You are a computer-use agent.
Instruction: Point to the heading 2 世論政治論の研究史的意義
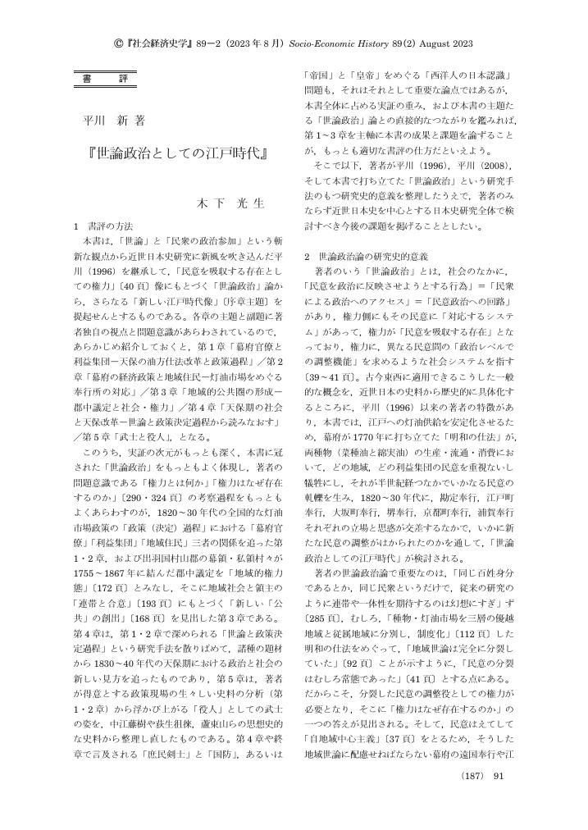pos(366,256)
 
